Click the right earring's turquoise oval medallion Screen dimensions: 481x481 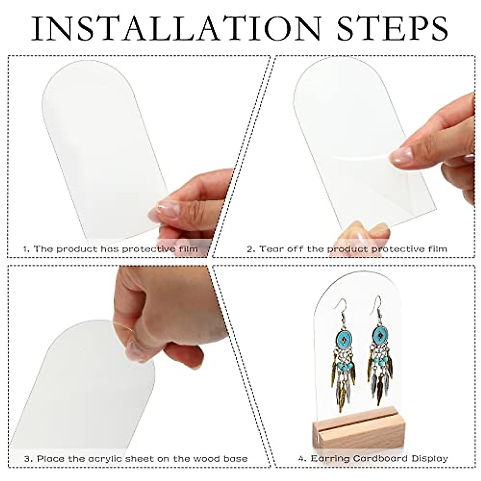click(x=379, y=333)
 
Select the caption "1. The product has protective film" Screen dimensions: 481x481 click(x=110, y=249)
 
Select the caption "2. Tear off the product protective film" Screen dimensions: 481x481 click(x=347, y=249)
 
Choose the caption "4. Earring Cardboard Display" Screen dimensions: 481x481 click(x=373, y=459)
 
